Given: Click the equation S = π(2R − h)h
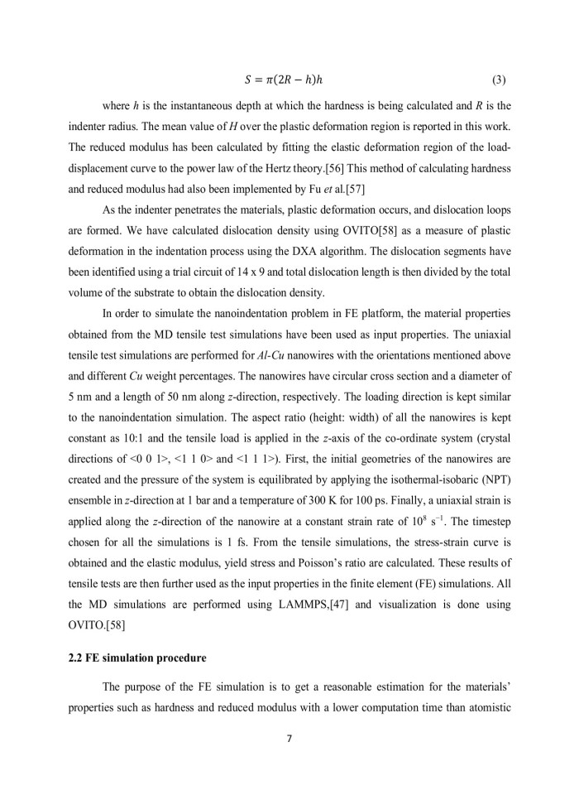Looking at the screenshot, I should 289,81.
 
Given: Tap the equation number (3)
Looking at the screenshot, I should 499,81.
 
